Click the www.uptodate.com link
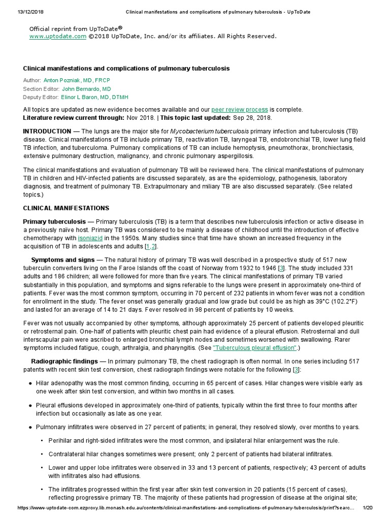pos(50,36)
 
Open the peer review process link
pos(239,110)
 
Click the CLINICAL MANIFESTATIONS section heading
pos(66,208)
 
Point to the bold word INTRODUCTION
pos(47,131)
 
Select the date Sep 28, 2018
pos(252,117)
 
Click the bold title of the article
pos(126,68)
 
